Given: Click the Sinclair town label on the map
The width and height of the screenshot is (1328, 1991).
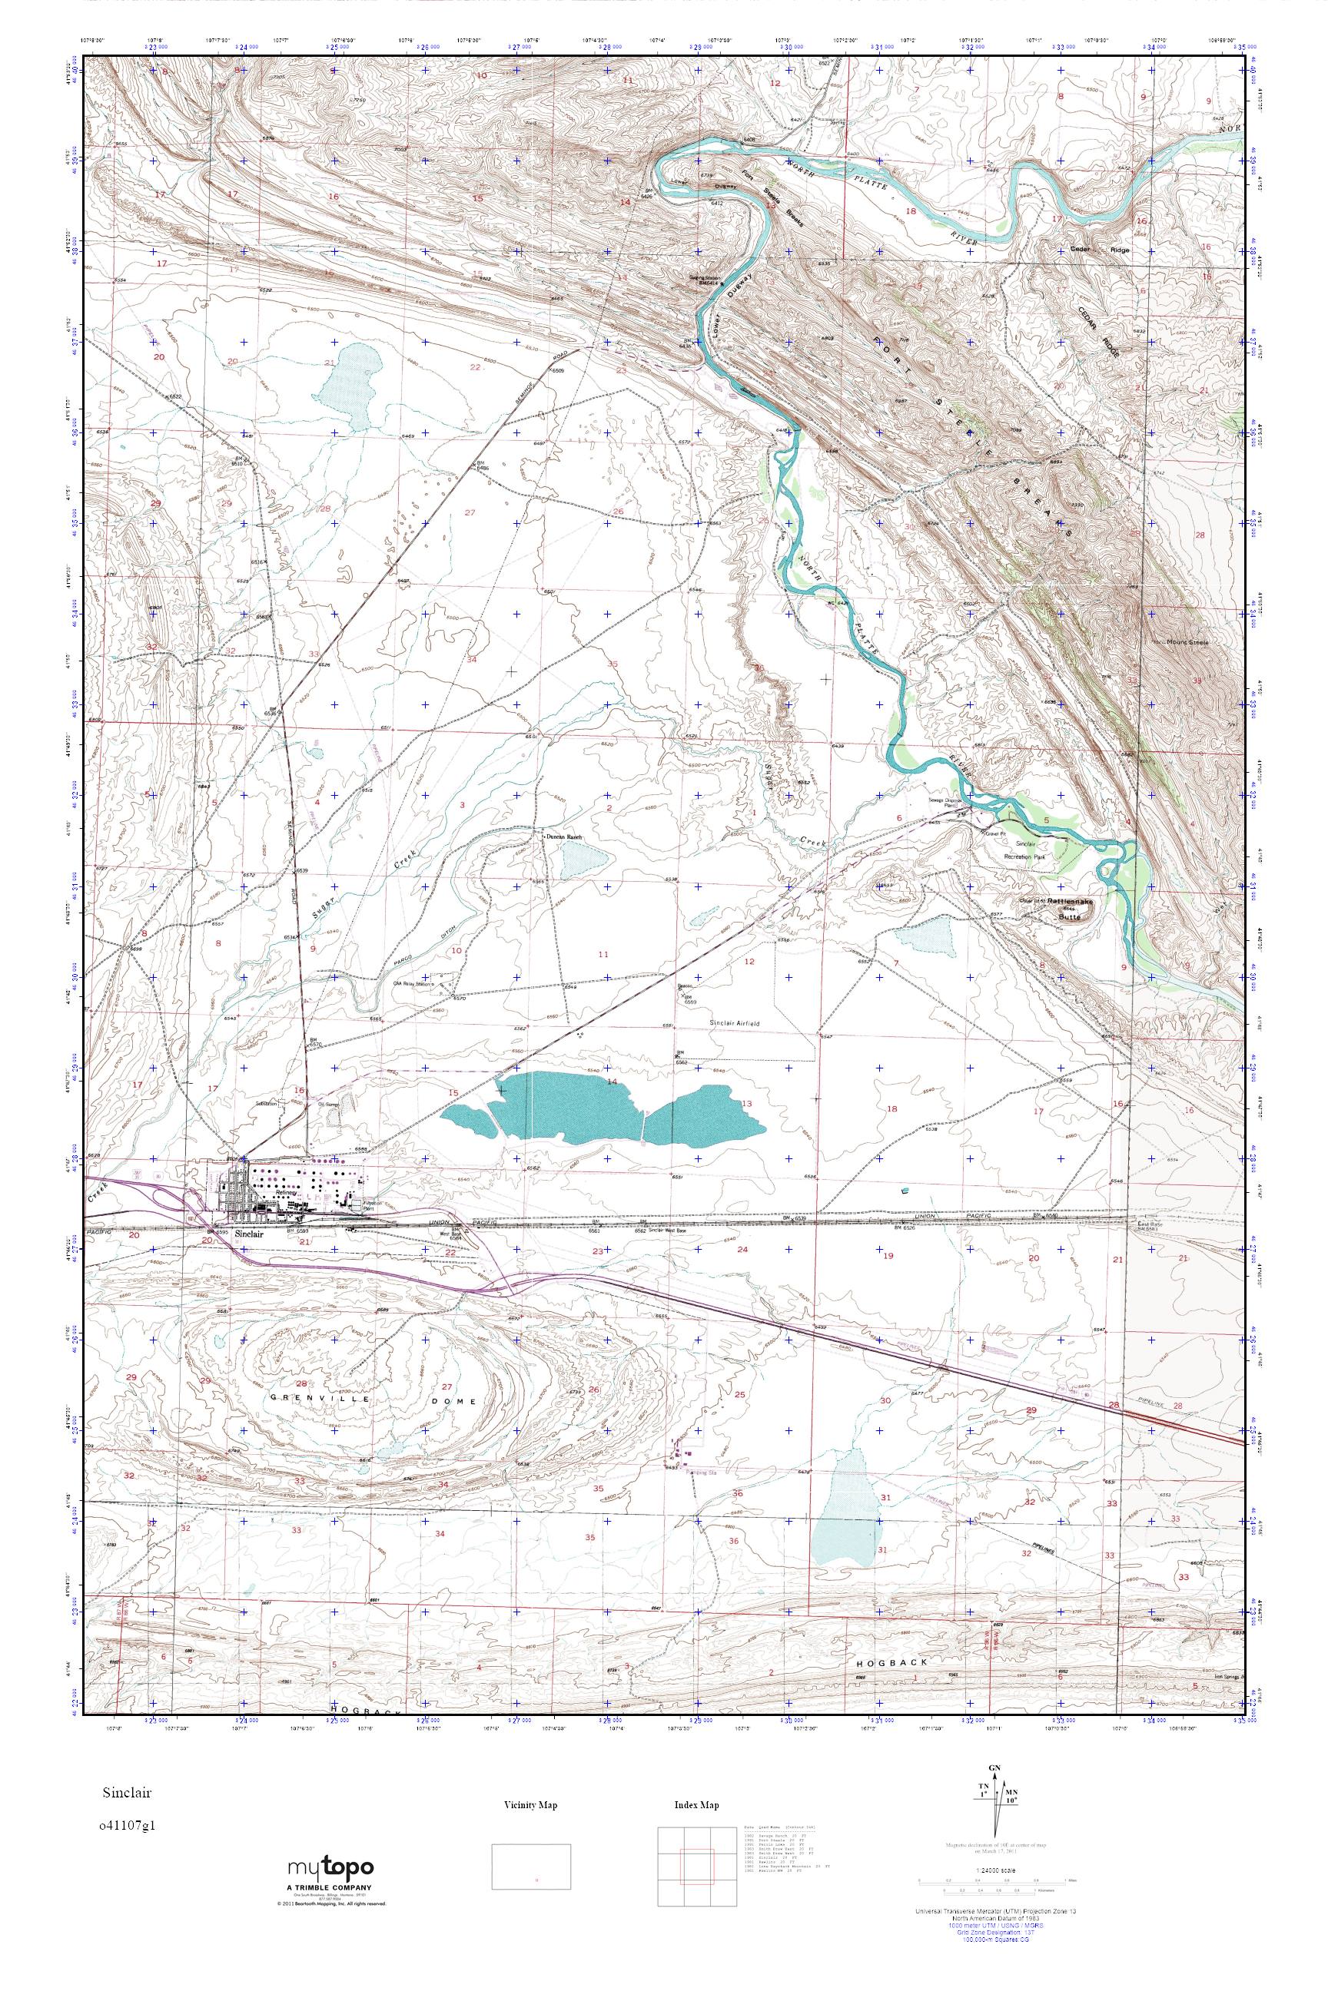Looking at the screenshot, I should click(251, 1234).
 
